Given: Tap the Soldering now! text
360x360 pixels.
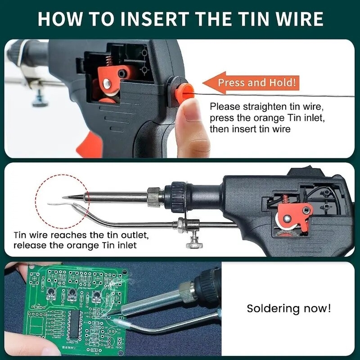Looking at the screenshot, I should click(x=289, y=309).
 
